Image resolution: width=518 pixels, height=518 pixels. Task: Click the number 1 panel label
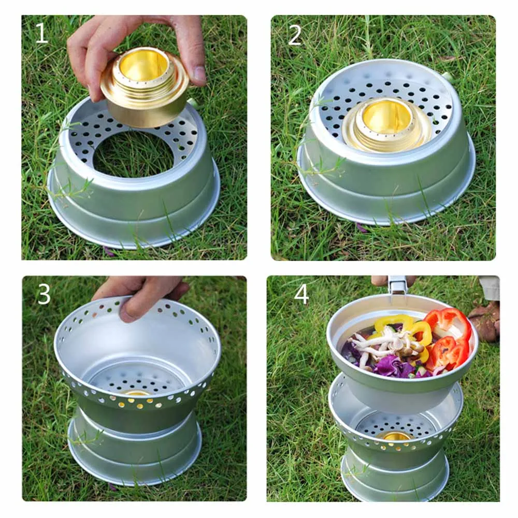tap(41, 34)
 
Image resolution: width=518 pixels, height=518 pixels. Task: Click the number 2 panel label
tap(295, 35)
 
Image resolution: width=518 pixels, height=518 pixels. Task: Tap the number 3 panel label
tap(44, 295)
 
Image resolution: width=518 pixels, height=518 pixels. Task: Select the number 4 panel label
tap(301, 294)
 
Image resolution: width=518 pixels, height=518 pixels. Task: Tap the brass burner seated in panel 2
tap(386, 124)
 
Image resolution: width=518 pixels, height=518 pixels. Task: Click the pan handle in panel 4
tap(398, 285)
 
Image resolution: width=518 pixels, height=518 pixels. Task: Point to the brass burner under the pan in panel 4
tap(396, 436)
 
